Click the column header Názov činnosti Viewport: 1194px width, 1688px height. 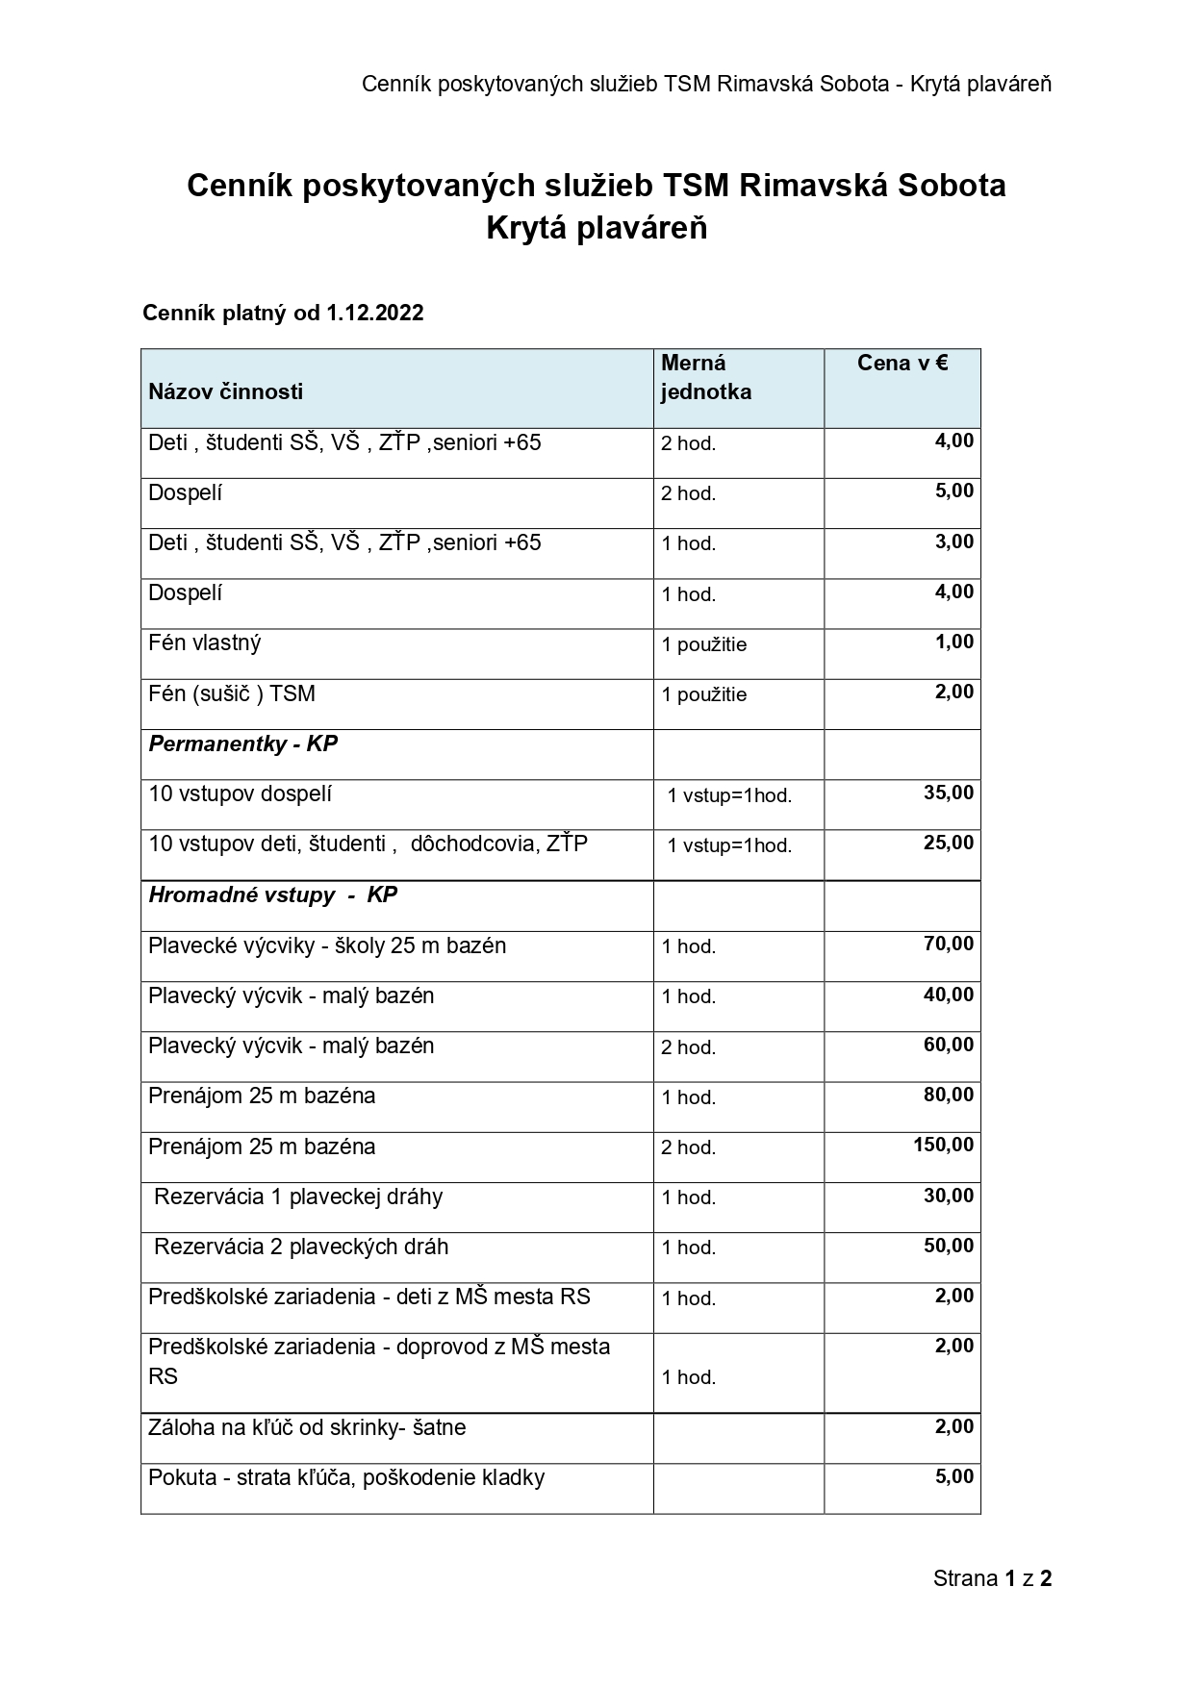tap(225, 391)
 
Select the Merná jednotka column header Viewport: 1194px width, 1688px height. tap(705, 377)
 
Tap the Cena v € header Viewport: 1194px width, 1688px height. tap(902, 363)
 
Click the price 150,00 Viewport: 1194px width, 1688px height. tap(943, 1145)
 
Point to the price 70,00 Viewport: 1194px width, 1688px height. tap(948, 944)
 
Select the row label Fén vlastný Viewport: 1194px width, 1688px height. tap(204, 642)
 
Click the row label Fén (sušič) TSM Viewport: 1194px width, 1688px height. tap(231, 693)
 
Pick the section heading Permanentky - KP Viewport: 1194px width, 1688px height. tap(242, 743)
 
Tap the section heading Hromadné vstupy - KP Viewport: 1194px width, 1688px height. tap(272, 894)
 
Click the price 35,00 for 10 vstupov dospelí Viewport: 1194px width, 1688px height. tap(948, 793)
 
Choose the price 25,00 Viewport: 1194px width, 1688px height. tap(948, 843)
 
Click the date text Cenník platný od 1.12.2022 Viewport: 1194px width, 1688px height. tap(283, 313)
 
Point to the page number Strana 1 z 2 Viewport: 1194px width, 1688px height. tap(992, 1578)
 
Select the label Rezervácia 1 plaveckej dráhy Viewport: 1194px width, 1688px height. tap(298, 1197)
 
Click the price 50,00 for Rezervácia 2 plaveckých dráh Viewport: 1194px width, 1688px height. tap(948, 1246)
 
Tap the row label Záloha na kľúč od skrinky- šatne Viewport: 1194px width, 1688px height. tap(307, 1427)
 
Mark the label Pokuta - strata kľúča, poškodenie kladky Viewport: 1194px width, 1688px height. tap(346, 1477)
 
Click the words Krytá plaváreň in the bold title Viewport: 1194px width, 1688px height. tap(597, 228)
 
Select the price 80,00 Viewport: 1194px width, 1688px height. tap(948, 1095)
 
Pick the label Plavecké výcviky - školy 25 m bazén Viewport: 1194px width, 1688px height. tap(327, 945)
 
